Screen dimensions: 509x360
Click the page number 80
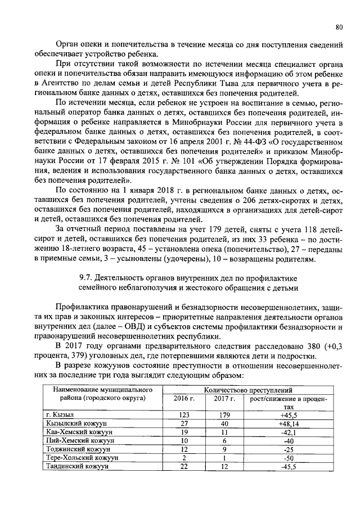pos(339,26)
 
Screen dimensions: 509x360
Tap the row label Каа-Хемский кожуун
pos(78,432)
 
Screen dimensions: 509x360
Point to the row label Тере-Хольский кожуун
pos(82,458)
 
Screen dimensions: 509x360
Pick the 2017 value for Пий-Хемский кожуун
pos(223,441)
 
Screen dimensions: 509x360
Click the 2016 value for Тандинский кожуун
pos(183,467)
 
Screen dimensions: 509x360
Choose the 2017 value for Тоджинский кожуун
pos(223,449)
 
